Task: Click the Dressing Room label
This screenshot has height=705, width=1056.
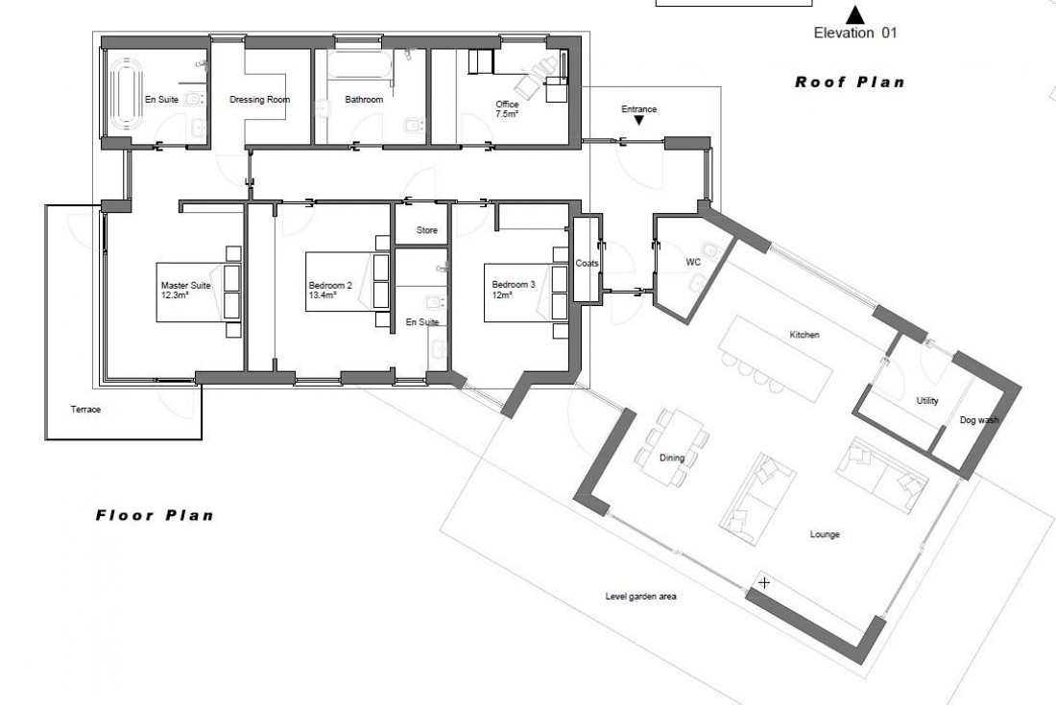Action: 259,100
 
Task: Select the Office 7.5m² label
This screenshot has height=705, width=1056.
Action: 507,108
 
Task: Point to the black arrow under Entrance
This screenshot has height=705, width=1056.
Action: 638,120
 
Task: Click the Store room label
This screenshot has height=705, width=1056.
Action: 427,231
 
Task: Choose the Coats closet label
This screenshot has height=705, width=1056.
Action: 587,263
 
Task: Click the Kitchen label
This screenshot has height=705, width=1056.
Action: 804,335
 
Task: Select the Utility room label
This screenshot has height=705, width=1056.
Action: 927,401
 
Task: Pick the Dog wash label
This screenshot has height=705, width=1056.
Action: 978,420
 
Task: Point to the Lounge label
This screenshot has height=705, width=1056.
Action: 824,534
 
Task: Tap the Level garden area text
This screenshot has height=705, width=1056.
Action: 641,597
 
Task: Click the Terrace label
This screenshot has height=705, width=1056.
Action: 85,410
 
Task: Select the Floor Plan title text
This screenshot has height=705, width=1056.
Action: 154,515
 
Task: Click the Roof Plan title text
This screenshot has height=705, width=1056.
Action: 849,82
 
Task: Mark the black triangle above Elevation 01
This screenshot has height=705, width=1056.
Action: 854,14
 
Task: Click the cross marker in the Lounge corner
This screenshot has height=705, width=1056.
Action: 764,582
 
